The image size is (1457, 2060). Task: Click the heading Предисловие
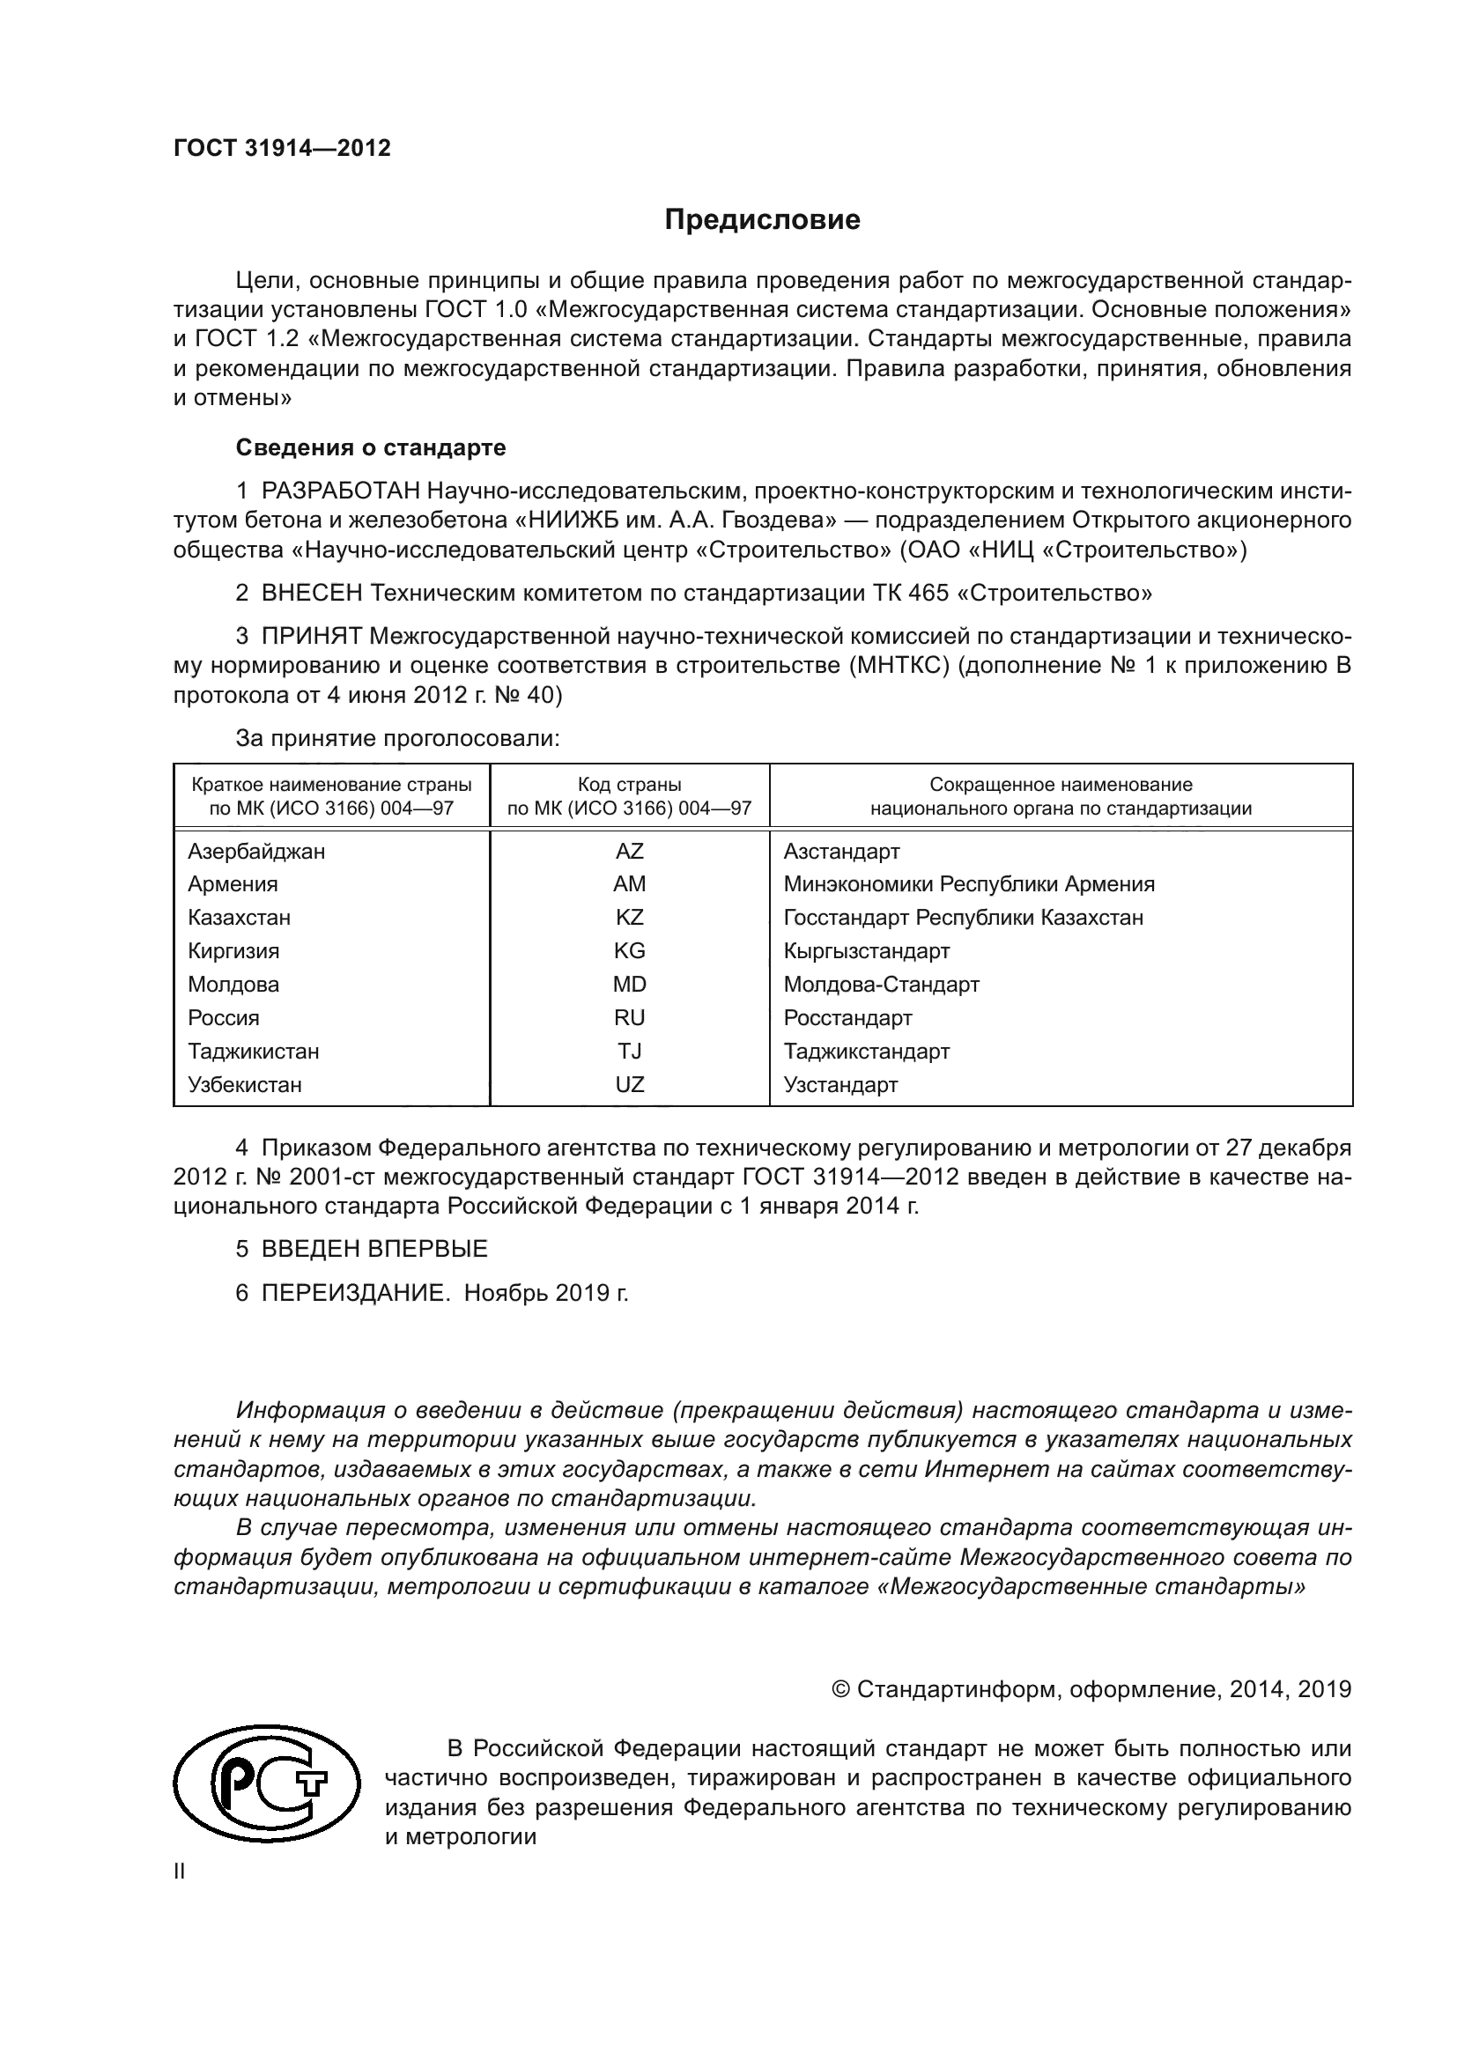(x=762, y=220)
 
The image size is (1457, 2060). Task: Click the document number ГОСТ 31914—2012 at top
(x=282, y=148)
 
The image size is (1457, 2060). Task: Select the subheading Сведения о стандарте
(x=371, y=447)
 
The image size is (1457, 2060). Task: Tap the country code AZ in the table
(x=629, y=851)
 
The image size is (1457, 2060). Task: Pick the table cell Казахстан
(x=239, y=917)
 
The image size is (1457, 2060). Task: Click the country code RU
(x=629, y=1017)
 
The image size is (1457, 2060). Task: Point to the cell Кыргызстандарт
(x=866, y=950)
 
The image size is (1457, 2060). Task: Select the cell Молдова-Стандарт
(x=881, y=985)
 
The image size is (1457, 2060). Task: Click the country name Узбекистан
(x=244, y=1084)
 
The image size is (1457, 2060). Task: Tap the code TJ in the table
(x=629, y=1051)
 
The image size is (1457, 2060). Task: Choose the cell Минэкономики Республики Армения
(x=969, y=883)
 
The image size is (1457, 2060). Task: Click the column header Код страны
(x=629, y=784)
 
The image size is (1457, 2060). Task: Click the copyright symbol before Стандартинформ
(x=840, y=1689)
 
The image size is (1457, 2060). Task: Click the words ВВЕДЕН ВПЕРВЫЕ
(x=374, y=1249)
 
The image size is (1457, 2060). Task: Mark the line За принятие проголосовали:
(x=397, y=738)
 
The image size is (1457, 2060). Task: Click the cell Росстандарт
(x=847, y=1017)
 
